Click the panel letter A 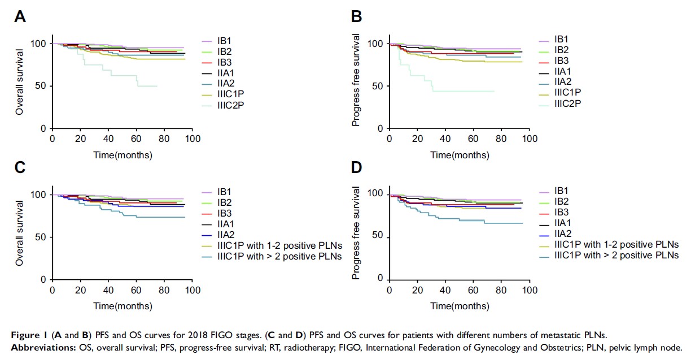click(x=20, y=17)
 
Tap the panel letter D click(x=356, y=168)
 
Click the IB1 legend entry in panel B click(x=561, y=39)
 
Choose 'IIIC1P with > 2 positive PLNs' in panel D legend click(x=616, y=255)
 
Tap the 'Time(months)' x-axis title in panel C click(x=123, y=306)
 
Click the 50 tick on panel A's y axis click(x=41, y=86)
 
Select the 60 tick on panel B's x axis click(x=473, y=138)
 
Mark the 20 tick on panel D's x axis click(x=417, y=289)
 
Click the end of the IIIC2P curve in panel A click(x=156, y=86)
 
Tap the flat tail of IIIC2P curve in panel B click(x=463, y=91)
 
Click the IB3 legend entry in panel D click(x=561, y=212)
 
